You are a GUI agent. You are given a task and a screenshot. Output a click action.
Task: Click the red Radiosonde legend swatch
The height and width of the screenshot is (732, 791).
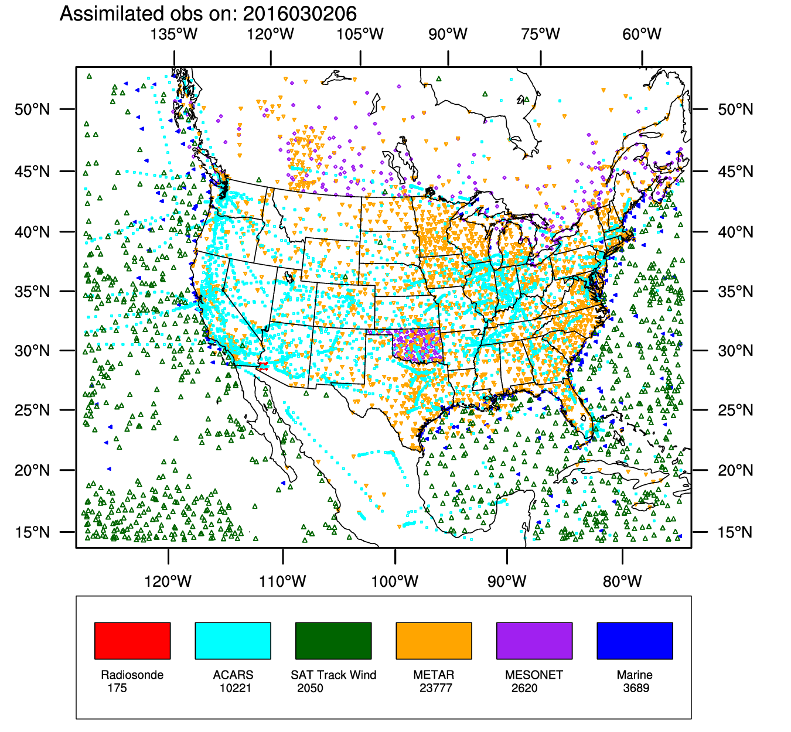click(132, 641)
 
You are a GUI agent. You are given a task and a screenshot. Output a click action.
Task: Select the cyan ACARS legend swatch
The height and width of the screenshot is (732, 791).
click(233, 641)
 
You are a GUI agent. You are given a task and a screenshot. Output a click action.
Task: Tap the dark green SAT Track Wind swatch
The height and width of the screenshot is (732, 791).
click(333, 641)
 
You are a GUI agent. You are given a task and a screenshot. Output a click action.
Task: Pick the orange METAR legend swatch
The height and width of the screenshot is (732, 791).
click(434, 641)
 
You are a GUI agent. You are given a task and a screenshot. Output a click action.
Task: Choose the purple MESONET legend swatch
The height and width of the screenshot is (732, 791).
click(534, 641)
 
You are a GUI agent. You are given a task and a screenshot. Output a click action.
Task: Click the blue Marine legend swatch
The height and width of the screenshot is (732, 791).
click(635, 641)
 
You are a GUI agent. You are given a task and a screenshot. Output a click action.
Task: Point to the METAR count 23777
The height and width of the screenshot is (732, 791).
click(435, 688)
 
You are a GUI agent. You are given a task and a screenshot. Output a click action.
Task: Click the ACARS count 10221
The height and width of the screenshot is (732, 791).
click(235, 688)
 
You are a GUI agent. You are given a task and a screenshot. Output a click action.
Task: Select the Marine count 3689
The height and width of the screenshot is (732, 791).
click(636, 688)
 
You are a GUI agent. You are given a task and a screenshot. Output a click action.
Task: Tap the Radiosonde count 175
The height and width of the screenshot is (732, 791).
click(117, 688)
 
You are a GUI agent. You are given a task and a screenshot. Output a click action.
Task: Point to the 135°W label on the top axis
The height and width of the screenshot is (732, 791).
click(174, 34)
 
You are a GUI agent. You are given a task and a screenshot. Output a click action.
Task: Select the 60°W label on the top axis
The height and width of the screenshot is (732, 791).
click(642, 34)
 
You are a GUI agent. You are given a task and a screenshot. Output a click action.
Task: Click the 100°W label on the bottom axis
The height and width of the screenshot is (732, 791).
click(395, 582)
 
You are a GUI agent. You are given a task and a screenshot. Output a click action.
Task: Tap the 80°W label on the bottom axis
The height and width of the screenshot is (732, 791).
click(622, 582)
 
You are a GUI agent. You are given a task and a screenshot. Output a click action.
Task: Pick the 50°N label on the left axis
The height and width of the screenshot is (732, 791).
click(33, 110)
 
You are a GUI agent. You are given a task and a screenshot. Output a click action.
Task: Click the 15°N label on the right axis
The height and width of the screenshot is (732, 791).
click(735, 532)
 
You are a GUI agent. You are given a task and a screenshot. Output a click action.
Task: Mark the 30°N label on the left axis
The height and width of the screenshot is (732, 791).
click(33, 351)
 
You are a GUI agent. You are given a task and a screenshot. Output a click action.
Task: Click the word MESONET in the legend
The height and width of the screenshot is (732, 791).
click(534, 675)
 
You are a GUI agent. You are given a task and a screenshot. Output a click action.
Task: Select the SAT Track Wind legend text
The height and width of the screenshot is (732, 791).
click(333, 675)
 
